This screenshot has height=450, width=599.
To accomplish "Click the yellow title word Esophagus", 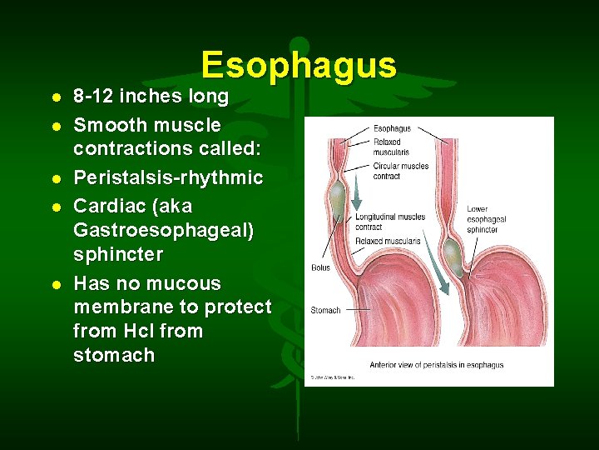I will click(299, 65).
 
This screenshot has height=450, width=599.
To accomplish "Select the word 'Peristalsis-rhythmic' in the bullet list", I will click(168, 178).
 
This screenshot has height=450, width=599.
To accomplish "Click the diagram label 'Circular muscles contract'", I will click(400, 171).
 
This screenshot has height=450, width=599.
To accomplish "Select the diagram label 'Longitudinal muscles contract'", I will click(389, 222).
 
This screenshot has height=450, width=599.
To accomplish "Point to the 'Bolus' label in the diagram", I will click(320, 267).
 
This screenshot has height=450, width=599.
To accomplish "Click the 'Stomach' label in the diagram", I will click(325, 310).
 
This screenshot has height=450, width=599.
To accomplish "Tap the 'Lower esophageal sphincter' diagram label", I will click(487, 219).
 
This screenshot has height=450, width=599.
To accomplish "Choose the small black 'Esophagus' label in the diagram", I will click(392, 129).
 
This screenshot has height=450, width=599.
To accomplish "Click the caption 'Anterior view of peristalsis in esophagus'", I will click(436, 365).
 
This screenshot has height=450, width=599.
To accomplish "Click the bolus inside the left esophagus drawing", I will click(338, 197).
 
